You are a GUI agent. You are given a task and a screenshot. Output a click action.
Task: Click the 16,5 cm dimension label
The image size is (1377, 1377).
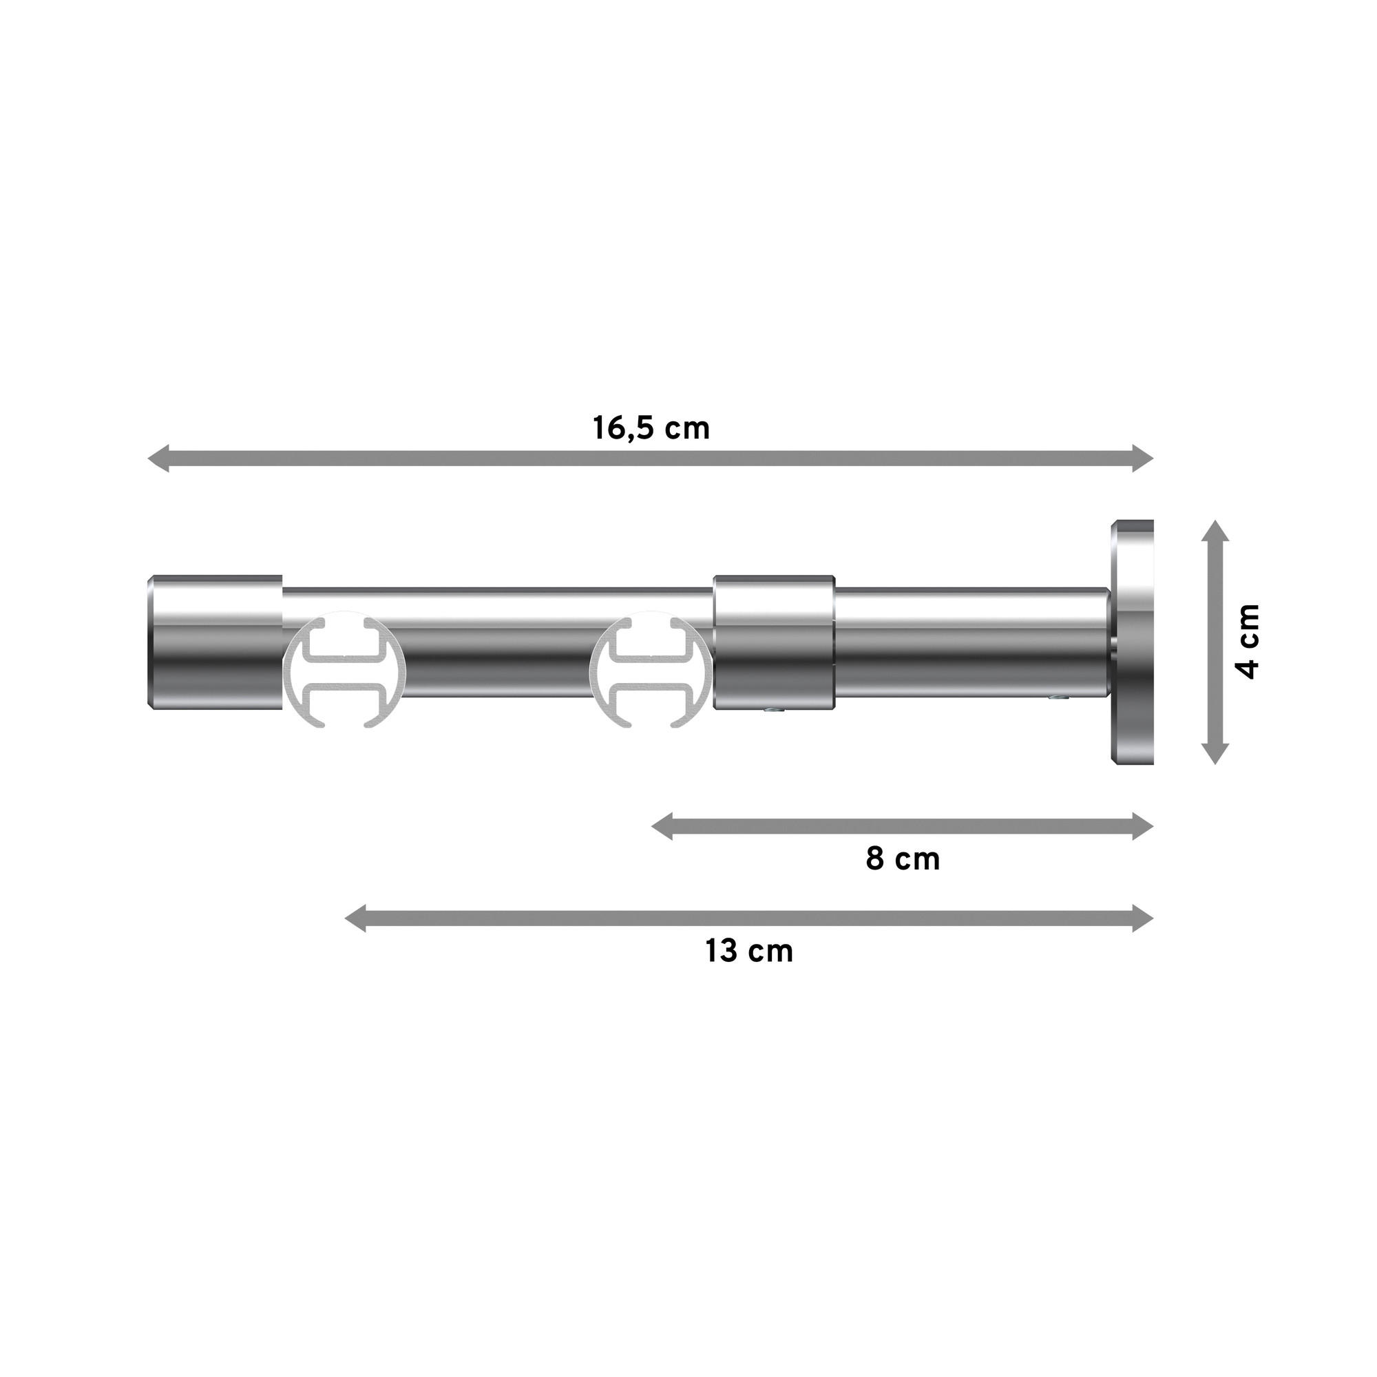[x=651, y=429]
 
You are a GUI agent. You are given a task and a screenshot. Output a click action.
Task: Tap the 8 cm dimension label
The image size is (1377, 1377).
[x=903, y=859]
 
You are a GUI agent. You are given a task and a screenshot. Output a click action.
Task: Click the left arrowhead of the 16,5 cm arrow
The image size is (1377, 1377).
[x=158, y=458]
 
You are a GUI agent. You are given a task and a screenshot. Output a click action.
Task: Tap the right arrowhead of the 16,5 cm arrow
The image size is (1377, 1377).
[x=1143, y=458]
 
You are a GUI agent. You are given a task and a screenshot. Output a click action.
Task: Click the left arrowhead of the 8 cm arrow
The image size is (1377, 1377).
[x=662, y=827]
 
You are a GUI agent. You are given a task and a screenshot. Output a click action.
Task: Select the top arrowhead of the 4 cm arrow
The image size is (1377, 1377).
[x=1215, y=531]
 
